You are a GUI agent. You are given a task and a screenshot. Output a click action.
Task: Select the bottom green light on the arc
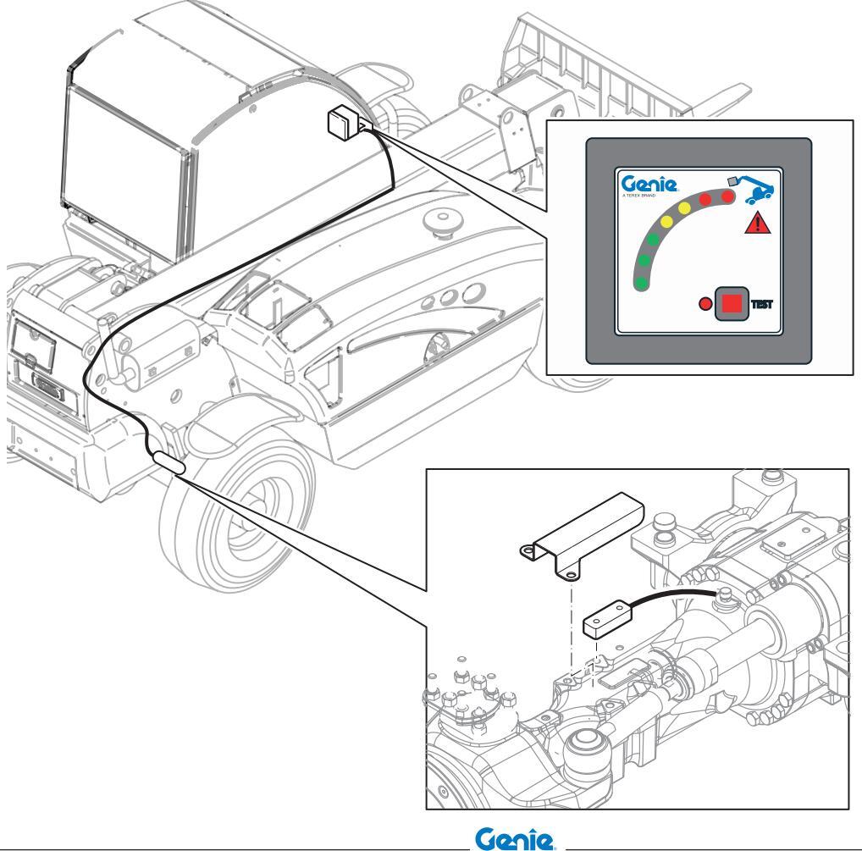[x=643, y=281]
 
